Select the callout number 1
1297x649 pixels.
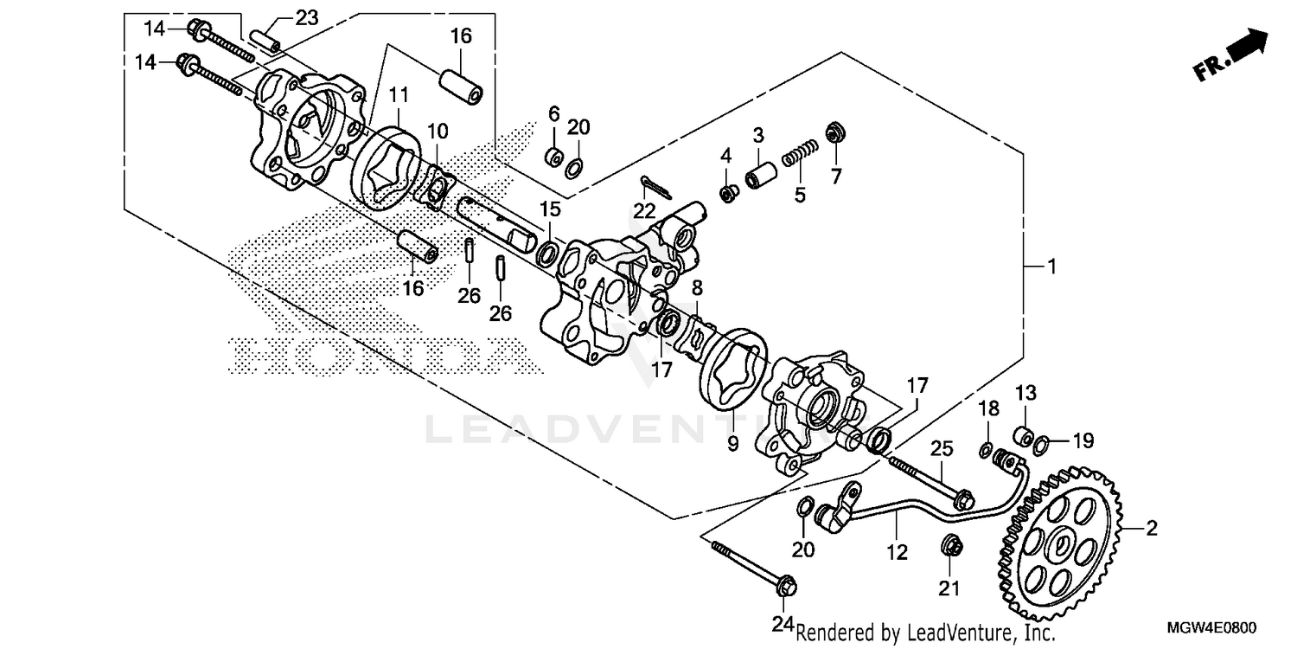(x=1051, y=267)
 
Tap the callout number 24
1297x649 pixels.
(x=783, y=623)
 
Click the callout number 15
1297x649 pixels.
(x=550, y=209)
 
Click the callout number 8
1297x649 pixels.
(x=696, y=286)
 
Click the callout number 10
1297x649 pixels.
(x=438, y=132)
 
